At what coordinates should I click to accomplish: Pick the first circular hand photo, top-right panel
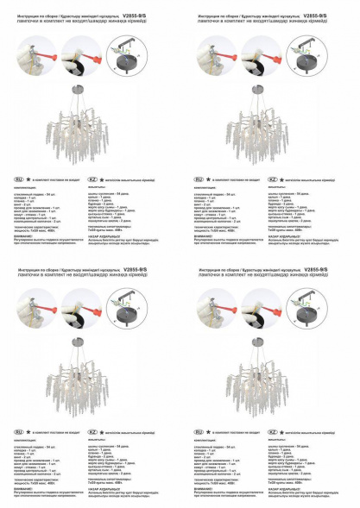(213, 53)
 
